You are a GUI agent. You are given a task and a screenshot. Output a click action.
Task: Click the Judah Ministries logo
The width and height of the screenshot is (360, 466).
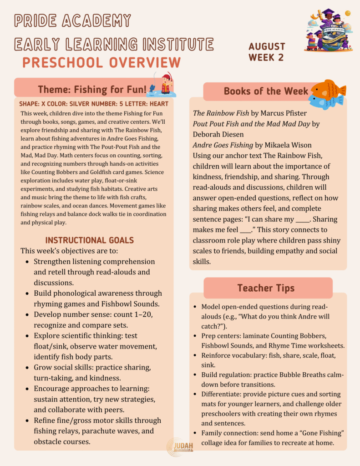click(180, 446)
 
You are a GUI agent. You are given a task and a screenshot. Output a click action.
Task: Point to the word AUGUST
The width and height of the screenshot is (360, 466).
click(267, 46)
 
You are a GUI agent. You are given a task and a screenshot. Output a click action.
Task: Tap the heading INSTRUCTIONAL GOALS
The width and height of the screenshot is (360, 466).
click(89, 240)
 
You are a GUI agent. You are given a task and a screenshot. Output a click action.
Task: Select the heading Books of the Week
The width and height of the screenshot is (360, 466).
click(266, 91)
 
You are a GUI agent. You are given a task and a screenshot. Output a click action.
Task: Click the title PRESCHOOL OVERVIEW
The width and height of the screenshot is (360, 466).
click(101, 62)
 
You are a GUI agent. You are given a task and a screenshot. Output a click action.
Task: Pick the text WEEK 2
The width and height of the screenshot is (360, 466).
click(266, 57)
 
